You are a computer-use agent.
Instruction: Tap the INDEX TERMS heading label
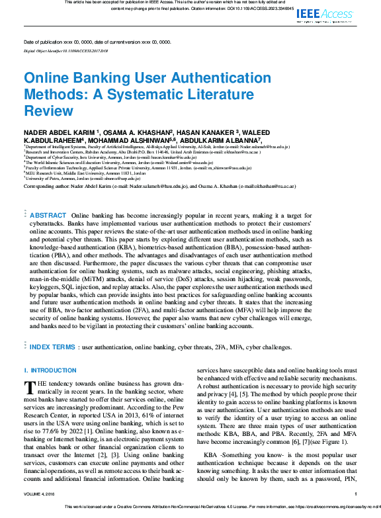click(52, 347)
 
